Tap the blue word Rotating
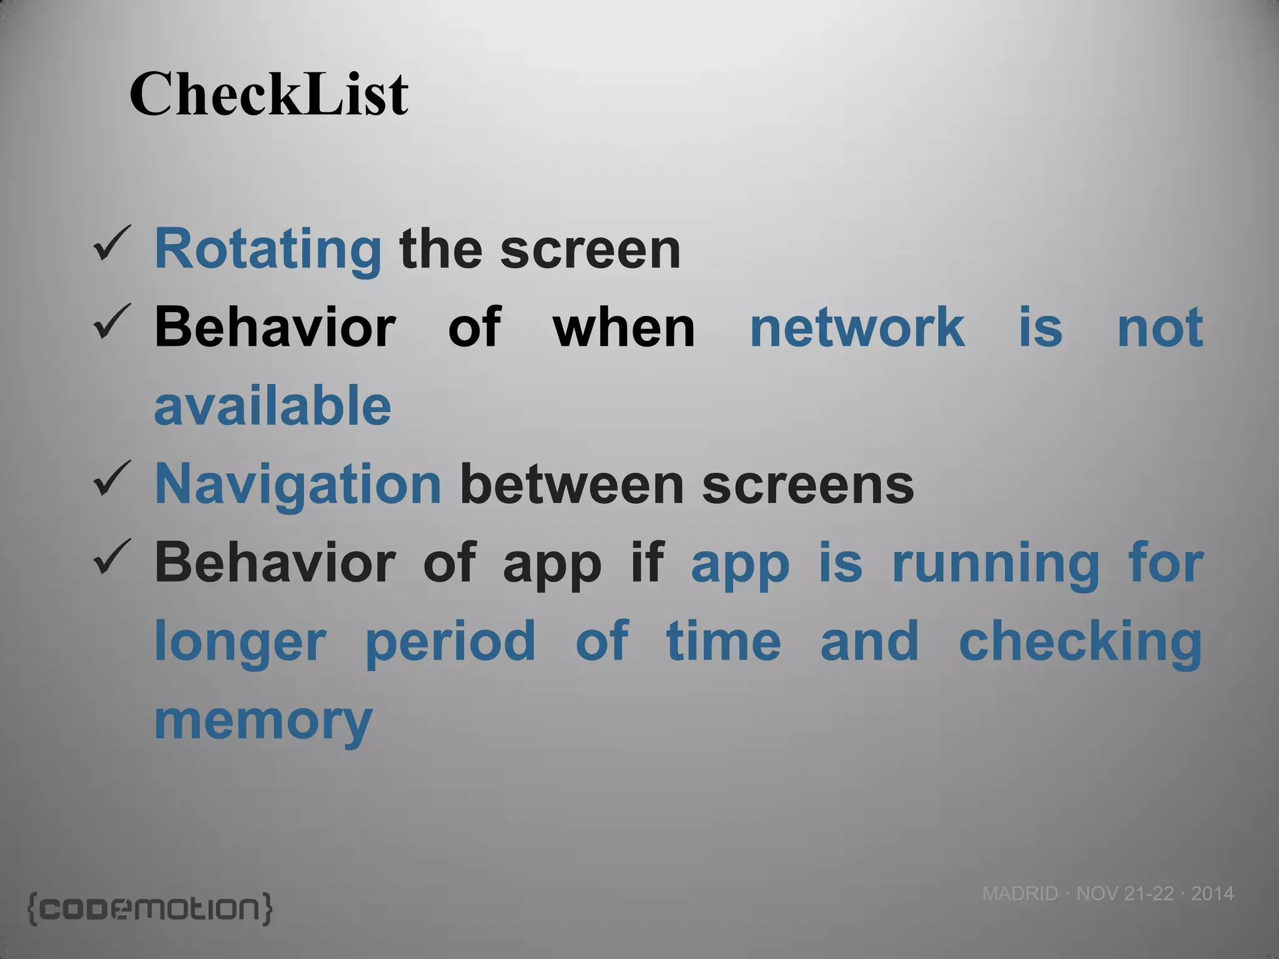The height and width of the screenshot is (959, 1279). tap(267, 250)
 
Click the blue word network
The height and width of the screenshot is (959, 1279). tap(857, 327)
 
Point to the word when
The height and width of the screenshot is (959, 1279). tap(624, 327)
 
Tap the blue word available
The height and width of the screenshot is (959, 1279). tap(272, 406)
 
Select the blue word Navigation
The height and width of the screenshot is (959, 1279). tap(298, 484)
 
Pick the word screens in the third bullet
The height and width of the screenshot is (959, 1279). tap(808, 484)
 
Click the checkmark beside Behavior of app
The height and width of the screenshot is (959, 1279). tap(112, 557)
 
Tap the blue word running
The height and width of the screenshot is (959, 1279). tap(995, 564)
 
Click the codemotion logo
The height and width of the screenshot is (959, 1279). tap(150, 908)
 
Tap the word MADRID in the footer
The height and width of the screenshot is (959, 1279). tap(1020, 893)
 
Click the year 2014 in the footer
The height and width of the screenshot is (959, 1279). tap(1212, 893)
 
